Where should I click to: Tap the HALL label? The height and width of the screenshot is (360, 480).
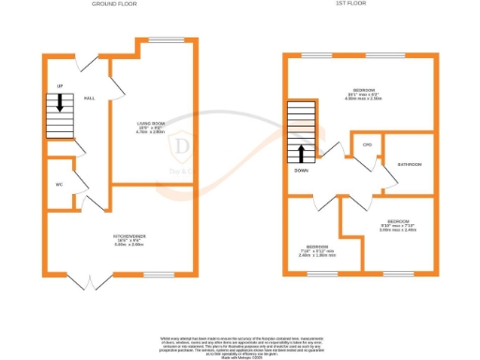tap(90, 97)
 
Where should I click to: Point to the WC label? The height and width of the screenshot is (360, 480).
tap(59, 184)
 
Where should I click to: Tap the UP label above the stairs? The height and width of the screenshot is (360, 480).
tap(59, 86)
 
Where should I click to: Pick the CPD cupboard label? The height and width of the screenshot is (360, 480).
tap(367, 145)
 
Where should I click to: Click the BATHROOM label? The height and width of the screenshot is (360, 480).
tap(409, 164)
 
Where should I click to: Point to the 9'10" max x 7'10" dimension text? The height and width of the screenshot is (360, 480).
tap(397, 226)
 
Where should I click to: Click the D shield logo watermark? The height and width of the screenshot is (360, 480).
tap(185, 146)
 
